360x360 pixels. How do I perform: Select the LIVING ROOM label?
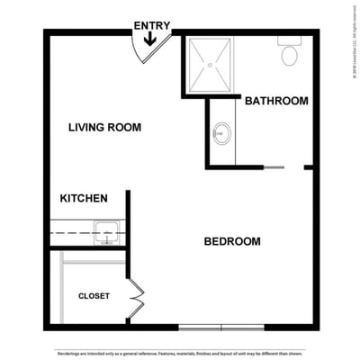point(104,128)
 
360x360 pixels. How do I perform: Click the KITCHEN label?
point(84,198)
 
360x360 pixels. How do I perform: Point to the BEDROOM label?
point(231,241)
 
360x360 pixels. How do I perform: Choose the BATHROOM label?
point(276,101)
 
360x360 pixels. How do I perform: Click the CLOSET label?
point(94,295)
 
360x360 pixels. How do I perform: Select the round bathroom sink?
point(221,136)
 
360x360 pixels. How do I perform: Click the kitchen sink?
point(107,232)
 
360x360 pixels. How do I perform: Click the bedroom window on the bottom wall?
point(221,326)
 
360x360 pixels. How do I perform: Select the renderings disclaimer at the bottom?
point(180,353)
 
